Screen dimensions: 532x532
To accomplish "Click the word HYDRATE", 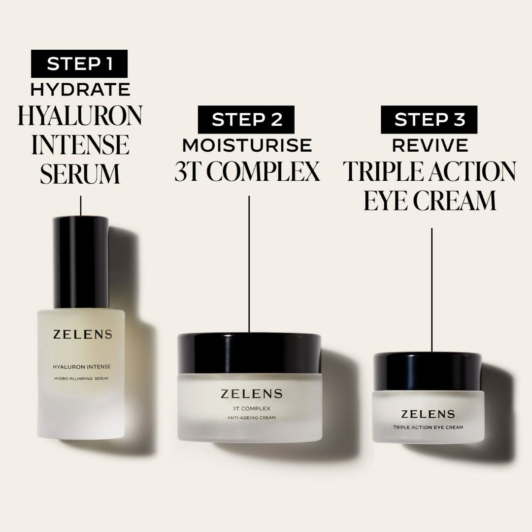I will pos(80,90).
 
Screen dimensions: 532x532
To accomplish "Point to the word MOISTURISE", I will pos(247,145).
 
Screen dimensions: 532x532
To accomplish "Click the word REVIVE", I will pos(430,145).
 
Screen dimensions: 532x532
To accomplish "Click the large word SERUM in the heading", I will pos(80,174).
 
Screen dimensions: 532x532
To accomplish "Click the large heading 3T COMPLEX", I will pos(247,171).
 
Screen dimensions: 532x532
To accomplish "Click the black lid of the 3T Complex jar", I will pos(249,353).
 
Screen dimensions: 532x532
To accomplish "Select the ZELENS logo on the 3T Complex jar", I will pos(251,394).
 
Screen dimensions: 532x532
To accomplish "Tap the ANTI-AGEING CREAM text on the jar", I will pos(251,418).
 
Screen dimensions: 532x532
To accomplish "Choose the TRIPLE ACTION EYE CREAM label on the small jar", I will pos(428,427).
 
